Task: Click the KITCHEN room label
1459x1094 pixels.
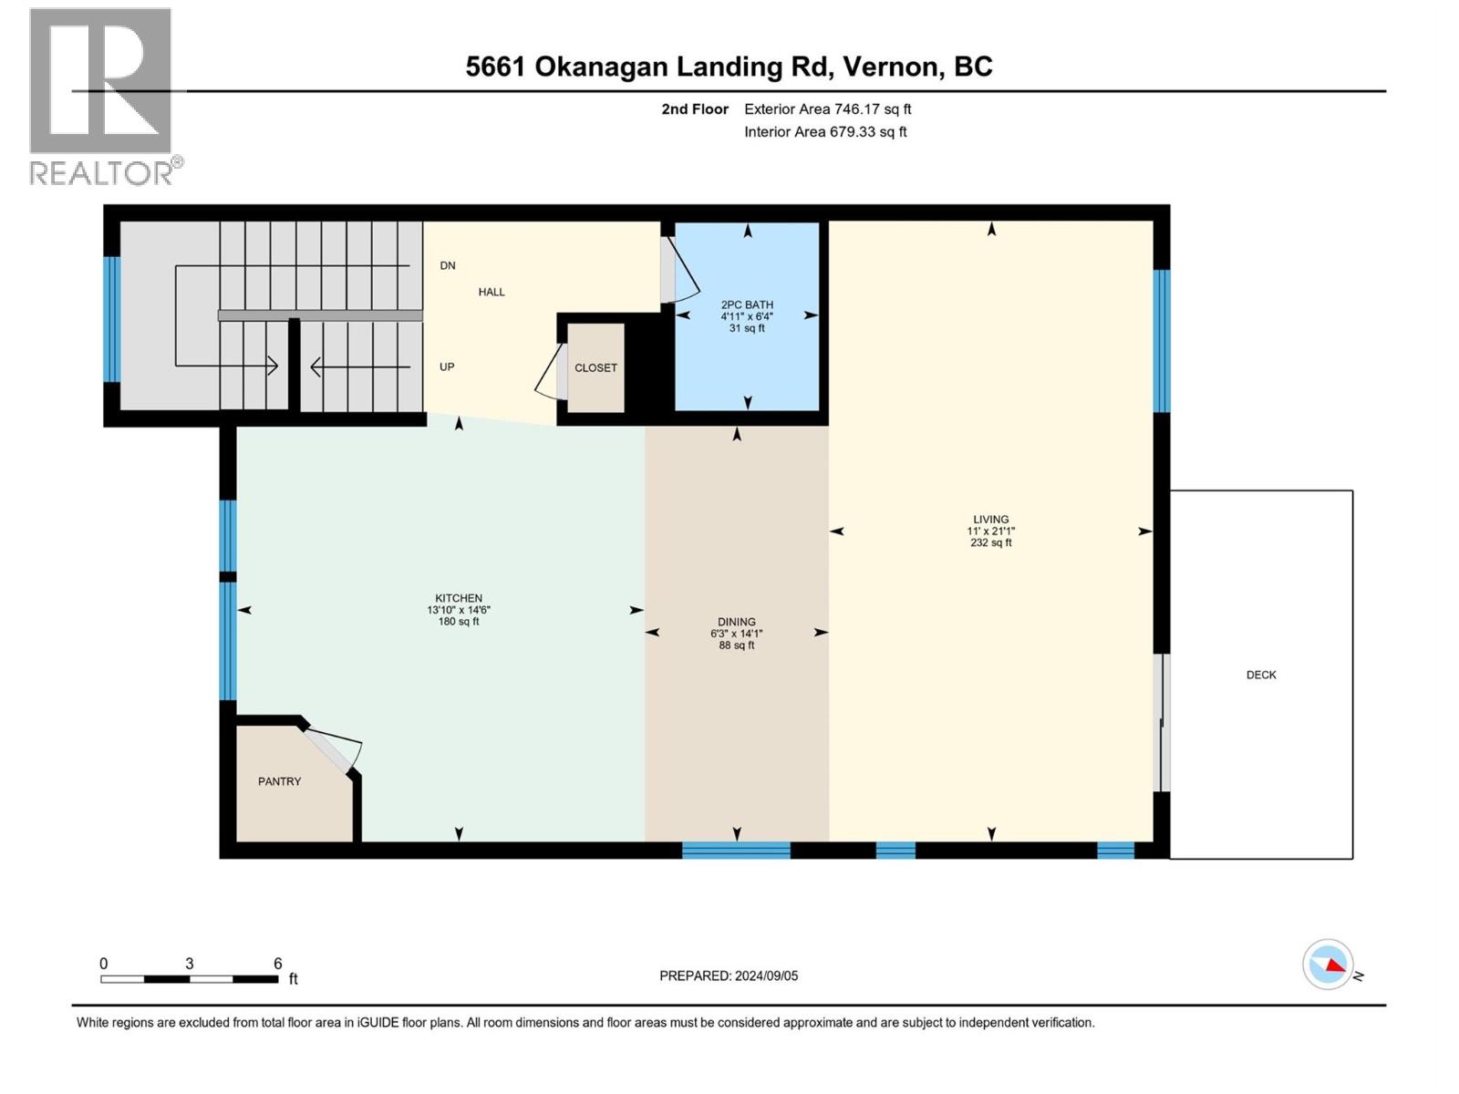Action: tap(459, 599)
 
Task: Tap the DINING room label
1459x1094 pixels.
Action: tap(737, 622)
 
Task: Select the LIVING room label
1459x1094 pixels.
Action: tap(991, 520)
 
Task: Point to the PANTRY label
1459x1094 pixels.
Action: tap(279, 781)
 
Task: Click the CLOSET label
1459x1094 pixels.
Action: tap(595, 367)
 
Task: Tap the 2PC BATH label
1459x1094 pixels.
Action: tap(747, 305)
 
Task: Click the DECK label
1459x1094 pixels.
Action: tap(1261, 675)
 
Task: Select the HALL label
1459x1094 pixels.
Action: tap(492, 292)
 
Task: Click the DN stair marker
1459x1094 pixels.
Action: tap(448, 265)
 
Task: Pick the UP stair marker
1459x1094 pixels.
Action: tap(447, 366)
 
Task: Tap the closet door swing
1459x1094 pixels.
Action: tap(551, 373)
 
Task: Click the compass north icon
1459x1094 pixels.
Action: tap(1328, 965)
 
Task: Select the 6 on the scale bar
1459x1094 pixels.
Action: tap(278, 963)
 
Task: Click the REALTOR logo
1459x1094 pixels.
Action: tap(102, 96)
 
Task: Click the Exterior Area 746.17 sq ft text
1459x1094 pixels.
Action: tap(827, 108)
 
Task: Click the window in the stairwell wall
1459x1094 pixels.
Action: tap(111, 319)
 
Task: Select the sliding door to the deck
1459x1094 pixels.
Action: tap(1162, 722)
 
